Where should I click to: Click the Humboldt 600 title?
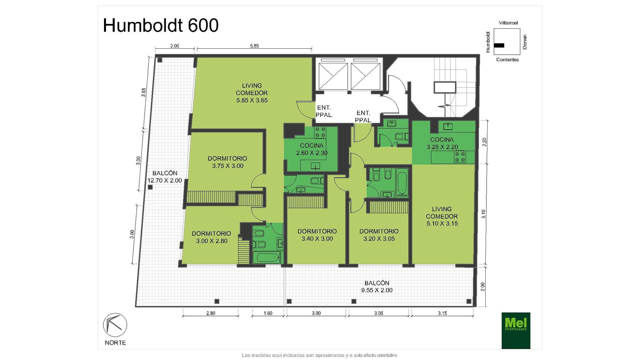click(161, 25)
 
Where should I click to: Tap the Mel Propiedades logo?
click(516, 330)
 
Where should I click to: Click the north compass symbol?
click(115, 325)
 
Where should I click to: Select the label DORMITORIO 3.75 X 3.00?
click(228, 162)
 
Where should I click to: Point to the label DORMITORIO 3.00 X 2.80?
click(211, 237)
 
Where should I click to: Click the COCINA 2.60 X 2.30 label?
click(312, 149)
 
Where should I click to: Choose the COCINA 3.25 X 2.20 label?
click(442, 143)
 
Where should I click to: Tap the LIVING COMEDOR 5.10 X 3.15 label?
click(442, 216)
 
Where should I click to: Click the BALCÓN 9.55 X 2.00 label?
click(377, 287)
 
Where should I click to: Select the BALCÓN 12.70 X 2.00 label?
click(165, 177)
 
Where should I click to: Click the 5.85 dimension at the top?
click(254, 46)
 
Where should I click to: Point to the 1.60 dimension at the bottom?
click(268, 313)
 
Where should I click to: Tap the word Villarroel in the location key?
click(508, 23)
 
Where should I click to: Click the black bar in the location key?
click(499, 45)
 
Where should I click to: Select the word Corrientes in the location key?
click(507, 60)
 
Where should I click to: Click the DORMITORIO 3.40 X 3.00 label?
click(317, 235)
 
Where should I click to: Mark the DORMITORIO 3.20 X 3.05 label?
click(379, 235)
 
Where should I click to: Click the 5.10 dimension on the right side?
click(484, 214)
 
